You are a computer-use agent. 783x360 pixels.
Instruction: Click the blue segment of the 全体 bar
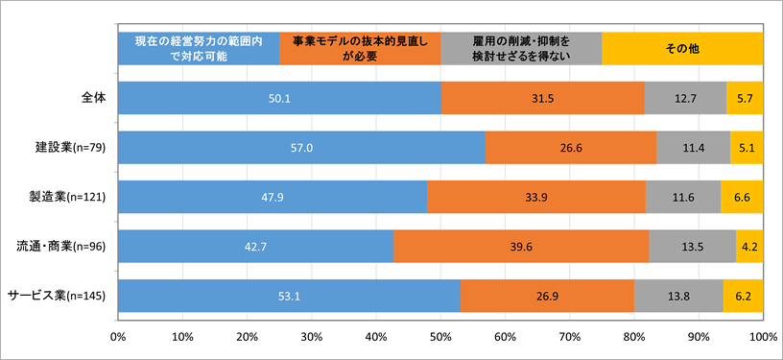(x=279, y=97)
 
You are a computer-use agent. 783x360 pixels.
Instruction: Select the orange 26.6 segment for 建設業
(x=571, y=147)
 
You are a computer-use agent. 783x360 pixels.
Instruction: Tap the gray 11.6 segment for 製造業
(x=683, y=197)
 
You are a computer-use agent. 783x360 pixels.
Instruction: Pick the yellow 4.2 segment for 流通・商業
(x=749, y=247)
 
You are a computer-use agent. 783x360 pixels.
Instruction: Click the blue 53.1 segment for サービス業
(x=289, y=296)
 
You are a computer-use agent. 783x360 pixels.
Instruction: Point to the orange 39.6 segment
(x=521, y=247)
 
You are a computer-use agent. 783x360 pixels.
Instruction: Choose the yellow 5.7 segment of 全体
(x=745, y=97)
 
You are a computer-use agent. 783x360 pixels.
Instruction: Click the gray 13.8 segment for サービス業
(x=678, y=296)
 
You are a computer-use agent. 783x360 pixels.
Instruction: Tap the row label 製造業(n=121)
(x=70, y=197)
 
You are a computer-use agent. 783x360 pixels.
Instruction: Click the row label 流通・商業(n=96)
(x=63, y=247)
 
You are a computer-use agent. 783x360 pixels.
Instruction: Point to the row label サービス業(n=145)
(x=59, y=296)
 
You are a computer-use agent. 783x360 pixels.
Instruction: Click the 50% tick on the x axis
(x=440, y=338)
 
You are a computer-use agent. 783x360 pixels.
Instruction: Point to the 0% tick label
(x=118, y=338)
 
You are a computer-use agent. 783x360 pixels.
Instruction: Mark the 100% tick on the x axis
(x=762, y=338)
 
